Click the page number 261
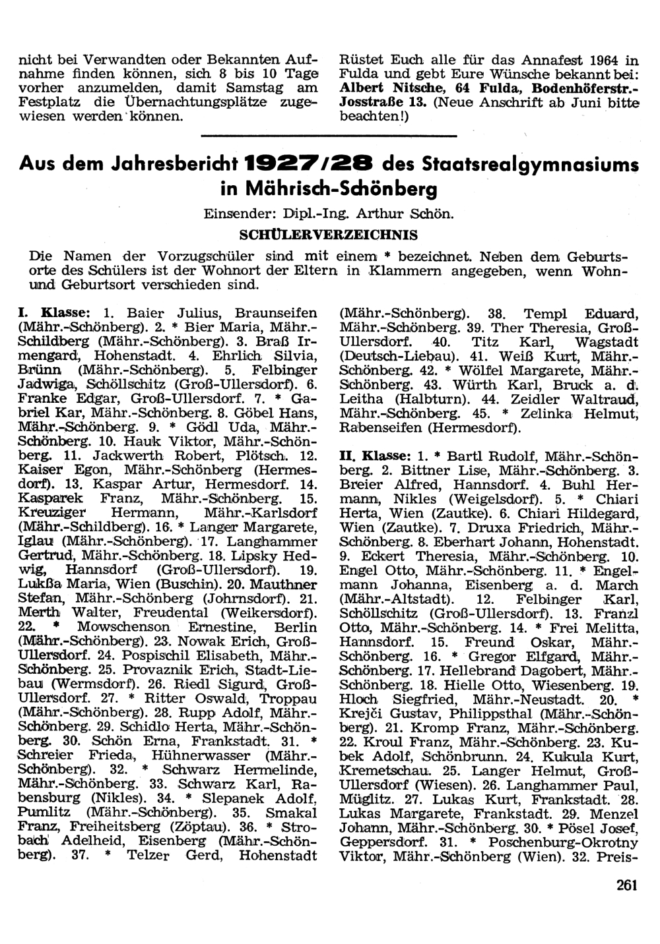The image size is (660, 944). [626, 885]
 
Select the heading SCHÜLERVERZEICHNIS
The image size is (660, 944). [327, 235]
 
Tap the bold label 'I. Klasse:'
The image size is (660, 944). [56, 312]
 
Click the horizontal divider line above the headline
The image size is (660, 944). [327, 136]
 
